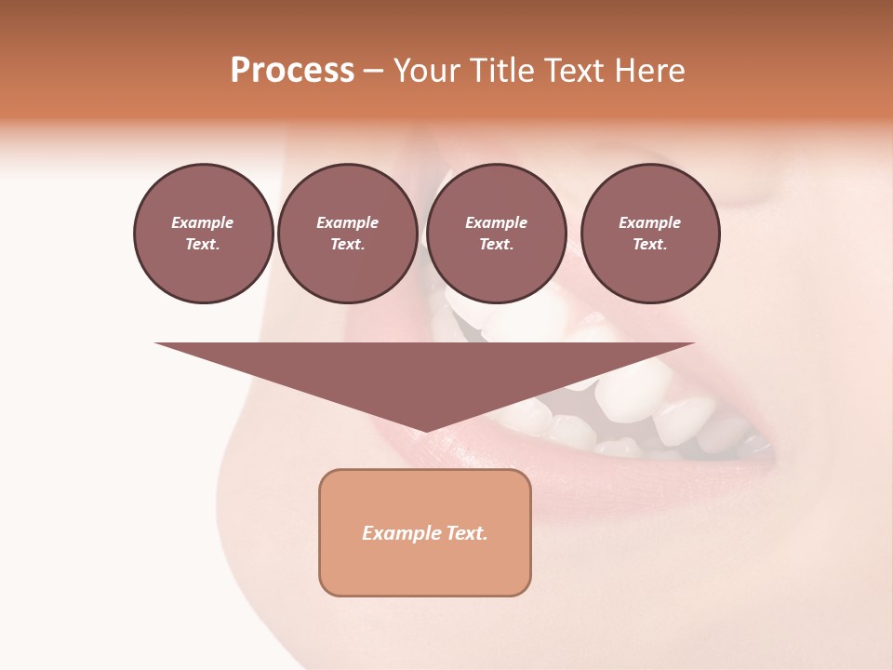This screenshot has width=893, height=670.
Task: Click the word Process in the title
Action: click(292, 71)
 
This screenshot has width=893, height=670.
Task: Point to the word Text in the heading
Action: click(574, 71)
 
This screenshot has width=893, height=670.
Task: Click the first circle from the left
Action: click(203, 234)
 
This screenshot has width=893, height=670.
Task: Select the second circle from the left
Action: click(347, 234)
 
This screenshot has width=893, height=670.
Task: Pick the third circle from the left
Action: click(496, 234)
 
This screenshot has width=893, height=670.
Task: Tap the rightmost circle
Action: click(649, 234)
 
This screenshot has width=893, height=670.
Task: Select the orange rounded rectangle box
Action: click(424, 532)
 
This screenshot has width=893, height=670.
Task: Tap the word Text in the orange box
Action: click(468, 533)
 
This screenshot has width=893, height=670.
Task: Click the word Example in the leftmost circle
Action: click(203, 222)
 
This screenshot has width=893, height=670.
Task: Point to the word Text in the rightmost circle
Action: click(649, 245)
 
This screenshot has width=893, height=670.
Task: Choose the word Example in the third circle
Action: click(496, 222)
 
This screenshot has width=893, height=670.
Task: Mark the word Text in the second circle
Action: click(347, 245)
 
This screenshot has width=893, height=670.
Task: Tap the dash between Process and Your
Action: click(373, 71)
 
